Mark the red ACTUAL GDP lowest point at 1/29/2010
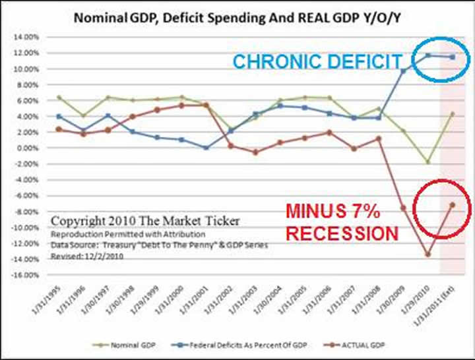pos(428,255)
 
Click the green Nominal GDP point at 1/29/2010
pos(428,162)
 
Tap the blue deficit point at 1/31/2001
pos(206,148)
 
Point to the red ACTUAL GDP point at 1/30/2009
pos(403,208)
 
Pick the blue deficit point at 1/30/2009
pos(403,71)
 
